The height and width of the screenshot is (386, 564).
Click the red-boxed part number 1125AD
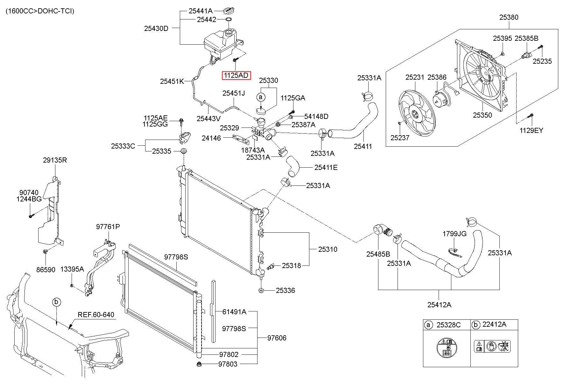tap(236, 75)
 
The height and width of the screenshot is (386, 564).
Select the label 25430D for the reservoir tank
tap(156, 28)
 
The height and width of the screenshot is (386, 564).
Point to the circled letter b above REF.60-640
tap(56, 302)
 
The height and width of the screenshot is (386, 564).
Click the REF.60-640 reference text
tap(96, 315)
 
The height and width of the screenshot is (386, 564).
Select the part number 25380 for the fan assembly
tap(509, 17)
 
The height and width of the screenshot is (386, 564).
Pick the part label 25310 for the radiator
tap(328, 249)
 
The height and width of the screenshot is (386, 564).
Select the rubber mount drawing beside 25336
tap(261, 290)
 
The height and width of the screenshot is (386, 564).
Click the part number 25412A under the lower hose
tap(439, 305)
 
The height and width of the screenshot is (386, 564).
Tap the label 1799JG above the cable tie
tap(455, 234)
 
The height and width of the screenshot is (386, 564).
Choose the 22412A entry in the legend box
tap(494, 324)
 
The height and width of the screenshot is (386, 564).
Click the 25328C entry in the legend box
tap(448, 325)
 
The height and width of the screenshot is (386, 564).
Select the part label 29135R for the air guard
tap(55, 160)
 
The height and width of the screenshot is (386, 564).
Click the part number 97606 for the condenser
tap(277, 338)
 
